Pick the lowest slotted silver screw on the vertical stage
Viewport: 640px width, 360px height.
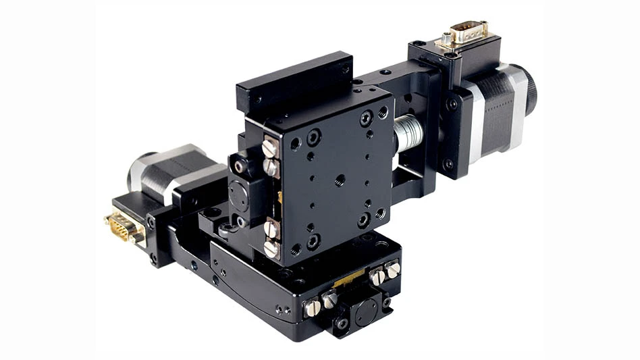(271, 249)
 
